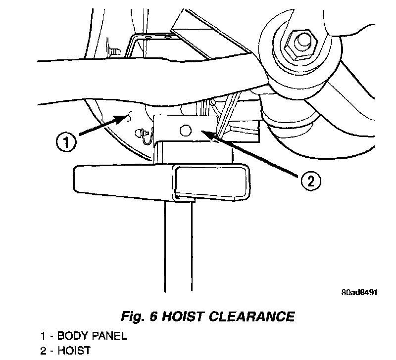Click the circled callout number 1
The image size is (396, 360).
coord(66,143)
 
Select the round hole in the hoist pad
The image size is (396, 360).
coord(185,130)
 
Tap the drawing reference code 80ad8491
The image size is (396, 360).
coord(359,292)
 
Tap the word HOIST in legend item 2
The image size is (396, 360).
coord(75,351)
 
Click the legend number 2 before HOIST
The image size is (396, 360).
coord(43,351)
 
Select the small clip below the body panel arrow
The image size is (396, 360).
coord(142,134)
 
